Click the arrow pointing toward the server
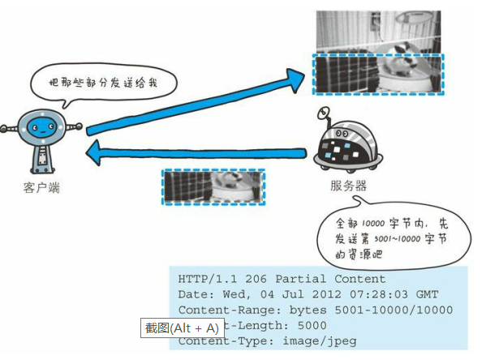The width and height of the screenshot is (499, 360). click(195, 101)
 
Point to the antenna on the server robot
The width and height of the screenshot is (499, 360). click(325, 113)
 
